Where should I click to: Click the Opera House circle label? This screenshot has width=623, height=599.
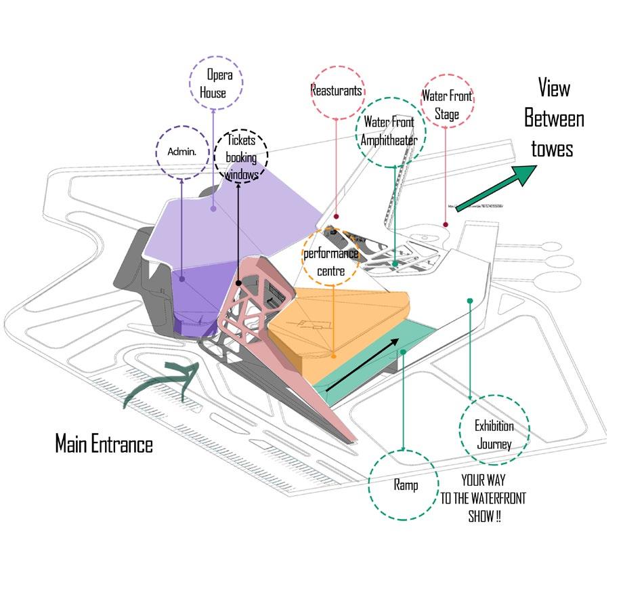pos(215,84)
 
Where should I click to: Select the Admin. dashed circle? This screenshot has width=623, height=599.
pos(181,152)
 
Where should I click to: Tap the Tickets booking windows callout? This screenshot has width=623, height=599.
pos(241,157)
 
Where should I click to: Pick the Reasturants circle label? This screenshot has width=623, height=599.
pos(337,90)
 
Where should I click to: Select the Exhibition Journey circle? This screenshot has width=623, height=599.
pos(494,434)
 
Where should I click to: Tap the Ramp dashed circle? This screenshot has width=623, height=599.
pos(404,485)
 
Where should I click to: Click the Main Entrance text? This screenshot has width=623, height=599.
pos(104,445)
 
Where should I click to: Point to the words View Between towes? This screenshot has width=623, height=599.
pos(553,119)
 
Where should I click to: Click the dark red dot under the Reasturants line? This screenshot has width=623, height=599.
pos(337,217)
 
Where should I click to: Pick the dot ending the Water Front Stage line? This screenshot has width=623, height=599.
pos(446,224)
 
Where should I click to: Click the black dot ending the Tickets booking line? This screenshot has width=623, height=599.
pos(239,282)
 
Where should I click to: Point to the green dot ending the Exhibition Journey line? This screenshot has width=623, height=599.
pos(470,299)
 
